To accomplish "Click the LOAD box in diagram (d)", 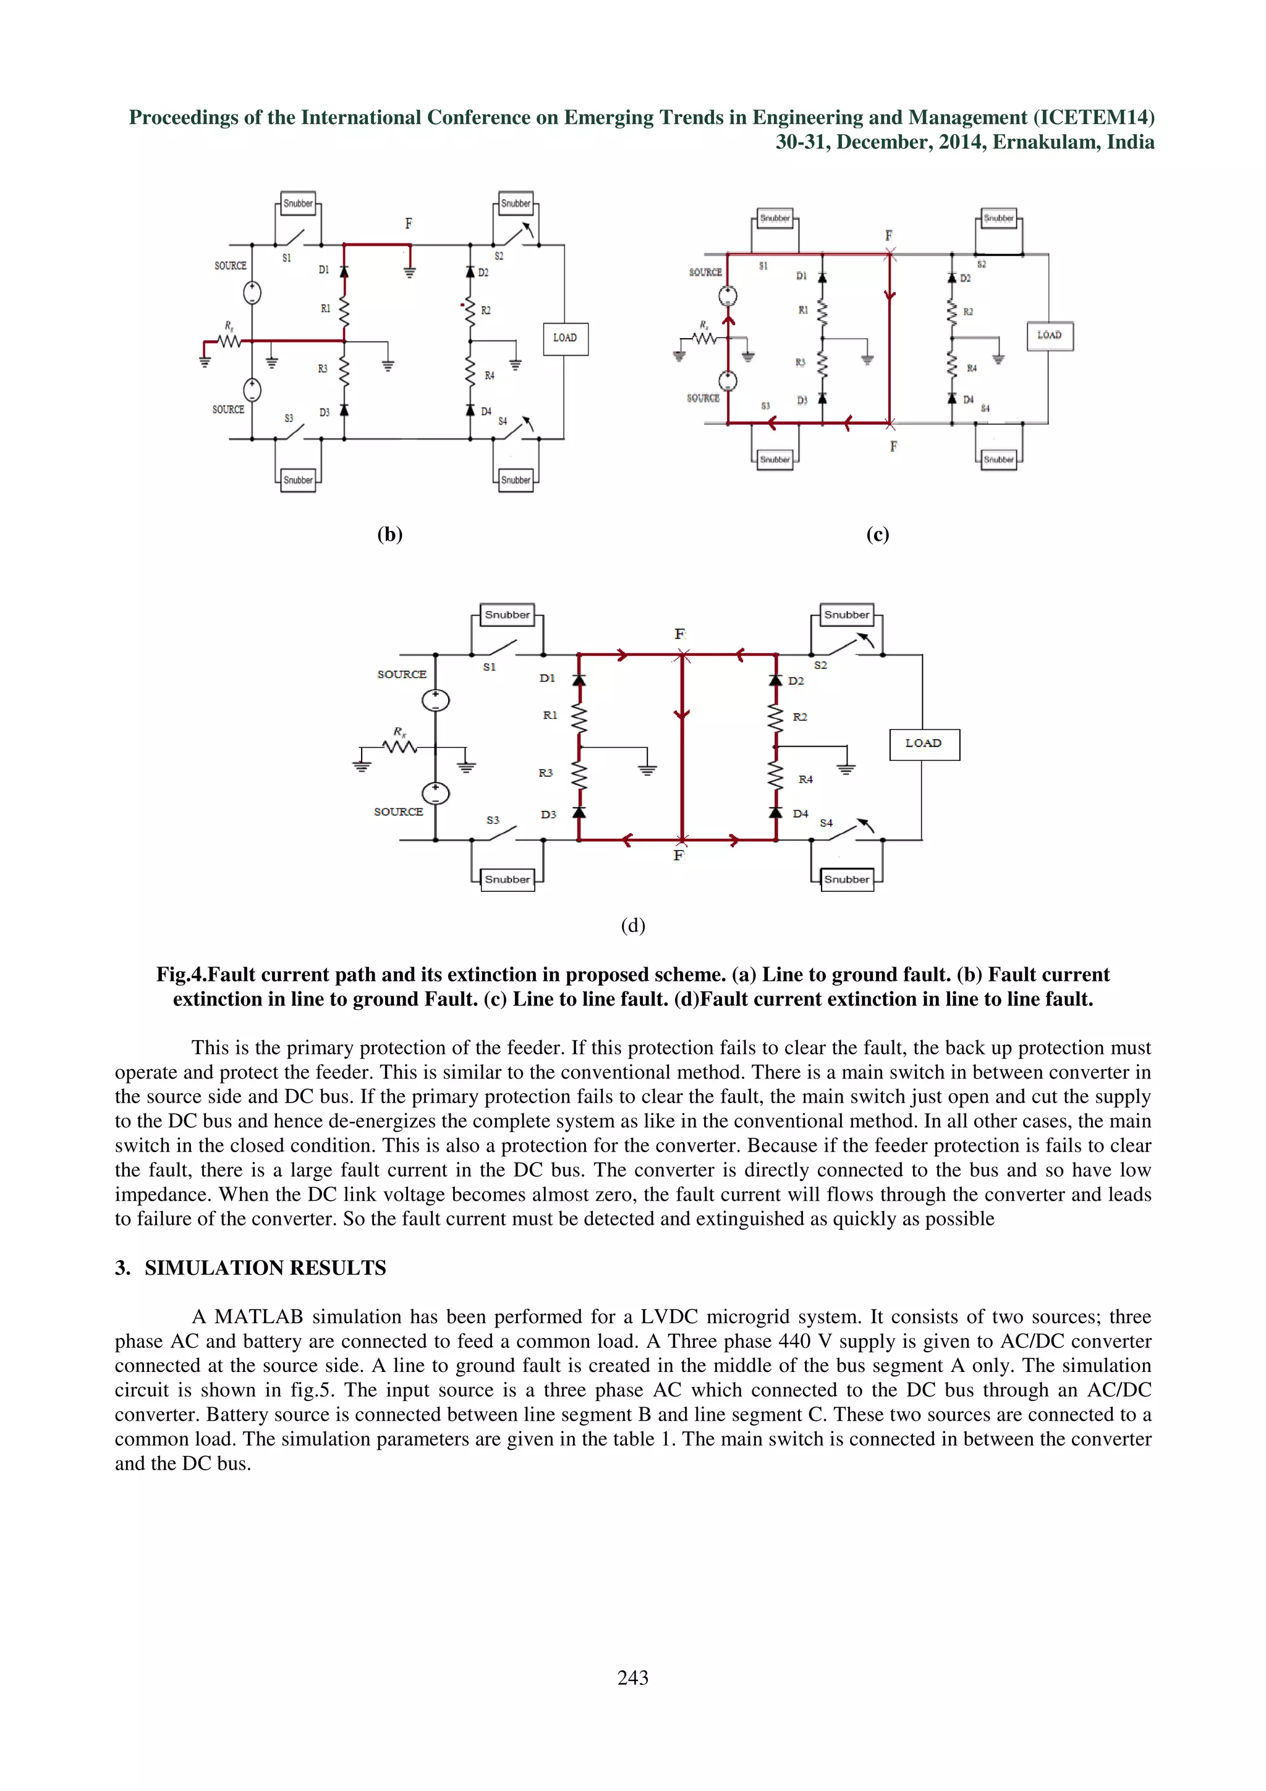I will pyautogui.click(x=924, y=743).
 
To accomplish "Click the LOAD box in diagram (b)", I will pyautogui.click(x=565, y=339).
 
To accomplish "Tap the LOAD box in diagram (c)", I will pyautogui.click(x=1049, y=336).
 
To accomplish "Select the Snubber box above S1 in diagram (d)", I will pyautogui.click(x=507, y=615).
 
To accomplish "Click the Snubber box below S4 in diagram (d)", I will pyautogui.click(x=846, y=879).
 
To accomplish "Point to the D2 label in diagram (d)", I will pyautogui.click(x=796, y=681).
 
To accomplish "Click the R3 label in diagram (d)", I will pyautogui.click(x=545, y=773).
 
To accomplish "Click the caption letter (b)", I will pyautogui.click(x=389, y=535).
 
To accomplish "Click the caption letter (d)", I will pyautogui.click(x=632, y=925).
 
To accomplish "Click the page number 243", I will pyautogui.click(x=632, y=1677).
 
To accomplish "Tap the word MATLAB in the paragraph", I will pyautogui.click(x=258, y=1317).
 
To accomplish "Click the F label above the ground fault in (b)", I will pyautogui.click(x=408, y=224).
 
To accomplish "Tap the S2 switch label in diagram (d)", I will pyautogui.click(x=820, y=666).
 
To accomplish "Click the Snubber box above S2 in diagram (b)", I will pyautogui.click(x=516, y=203).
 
